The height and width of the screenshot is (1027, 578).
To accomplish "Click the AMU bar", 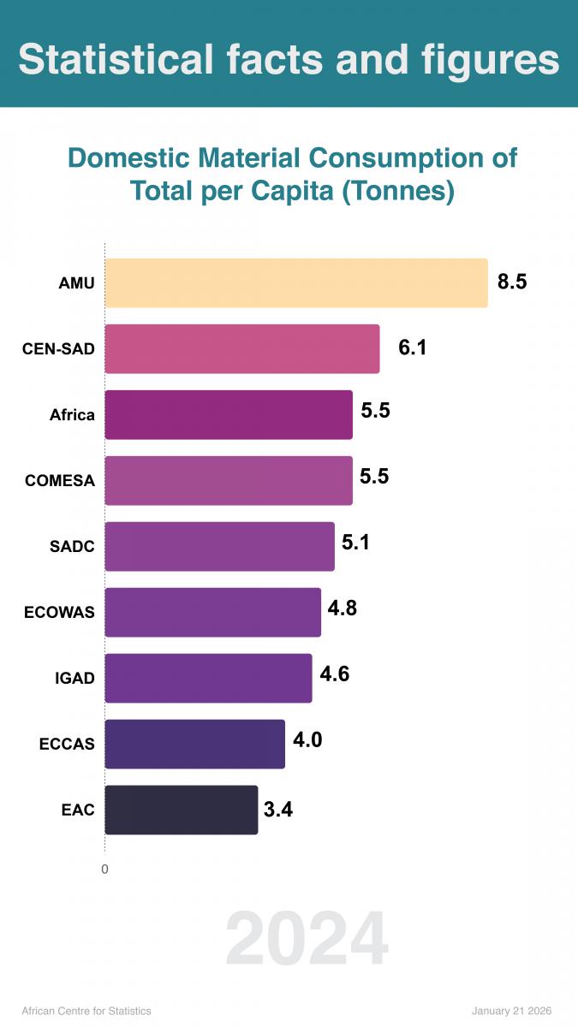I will [x=295, y=282].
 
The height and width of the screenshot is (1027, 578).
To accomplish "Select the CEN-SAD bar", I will [x=241, y=348].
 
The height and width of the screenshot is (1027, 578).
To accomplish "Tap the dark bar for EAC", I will [x=181, y=810].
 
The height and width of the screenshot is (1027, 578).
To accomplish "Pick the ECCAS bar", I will [x=194, y=744].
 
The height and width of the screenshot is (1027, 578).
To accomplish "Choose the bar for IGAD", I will [x=208, y=678].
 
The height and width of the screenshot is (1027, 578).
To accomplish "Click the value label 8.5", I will [x=512, y=282].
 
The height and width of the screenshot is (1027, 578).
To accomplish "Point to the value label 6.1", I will [x=412, y=347].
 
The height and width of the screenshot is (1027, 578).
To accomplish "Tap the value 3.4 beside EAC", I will [x=278, y=810].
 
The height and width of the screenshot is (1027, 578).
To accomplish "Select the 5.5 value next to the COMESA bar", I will [x=374, y=477].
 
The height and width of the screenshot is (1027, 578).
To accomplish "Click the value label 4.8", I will [x=343, y=608].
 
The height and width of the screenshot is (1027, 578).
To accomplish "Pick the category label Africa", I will [x=72, y=415].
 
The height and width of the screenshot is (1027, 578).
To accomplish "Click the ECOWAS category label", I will [x=60, y=613].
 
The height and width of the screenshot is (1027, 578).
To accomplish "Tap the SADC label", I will [x=72, y=547].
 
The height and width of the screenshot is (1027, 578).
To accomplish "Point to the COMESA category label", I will [x=60, y=481].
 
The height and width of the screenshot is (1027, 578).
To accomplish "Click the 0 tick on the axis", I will [x=104, y=870].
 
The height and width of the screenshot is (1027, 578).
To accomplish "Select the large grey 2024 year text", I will [x=307, y=940].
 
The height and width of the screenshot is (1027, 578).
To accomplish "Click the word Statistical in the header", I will [x=116, y=60].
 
